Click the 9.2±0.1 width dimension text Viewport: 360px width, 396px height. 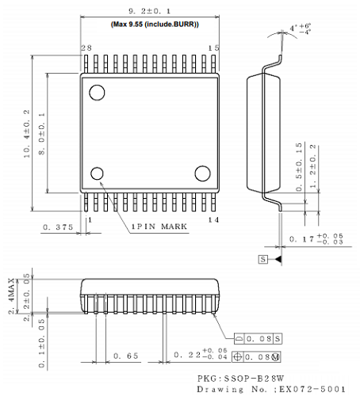pos(149,11)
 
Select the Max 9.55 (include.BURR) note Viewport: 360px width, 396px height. pos(154,25)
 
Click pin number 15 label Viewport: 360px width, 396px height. pos(213,48)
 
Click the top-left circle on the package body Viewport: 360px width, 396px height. pos(98,93)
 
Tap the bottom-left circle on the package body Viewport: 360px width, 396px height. pos(98,174)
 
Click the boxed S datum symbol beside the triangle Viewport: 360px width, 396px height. pos(262,259)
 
